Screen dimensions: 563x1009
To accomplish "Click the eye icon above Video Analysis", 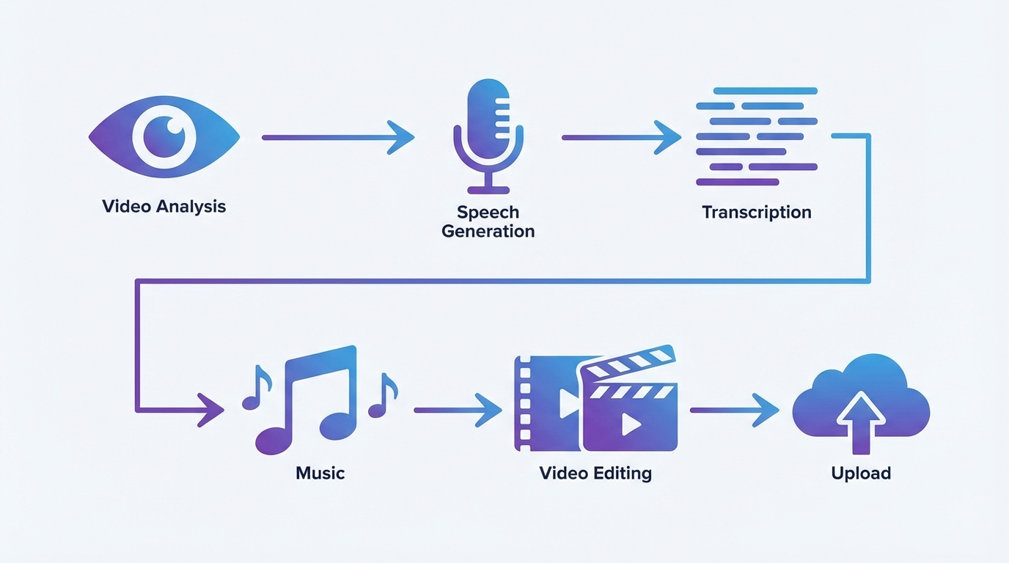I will click(x=164, y=136).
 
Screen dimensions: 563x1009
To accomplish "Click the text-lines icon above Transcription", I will click(x=756, y=136).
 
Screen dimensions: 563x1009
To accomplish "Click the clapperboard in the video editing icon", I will click(x=629, y=407).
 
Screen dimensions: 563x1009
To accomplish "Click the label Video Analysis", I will click(x=164, y=206).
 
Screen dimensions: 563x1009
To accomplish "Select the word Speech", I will click(x=488, y=213).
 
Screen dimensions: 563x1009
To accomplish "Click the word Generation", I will click(x=488, y=232).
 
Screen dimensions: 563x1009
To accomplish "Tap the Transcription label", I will click(x=756, y=213).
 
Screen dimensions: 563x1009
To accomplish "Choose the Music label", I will click(x=320, y=473).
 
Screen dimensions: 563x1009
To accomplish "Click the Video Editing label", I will click(x=595, y=473).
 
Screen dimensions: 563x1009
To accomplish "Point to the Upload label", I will click(x=861, y=473).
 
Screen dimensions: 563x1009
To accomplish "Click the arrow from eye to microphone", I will click(x=337, y=137).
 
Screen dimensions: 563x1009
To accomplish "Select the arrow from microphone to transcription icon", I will click(x=620, y=137).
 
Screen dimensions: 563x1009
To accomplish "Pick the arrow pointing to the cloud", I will click(x=733, y=410).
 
